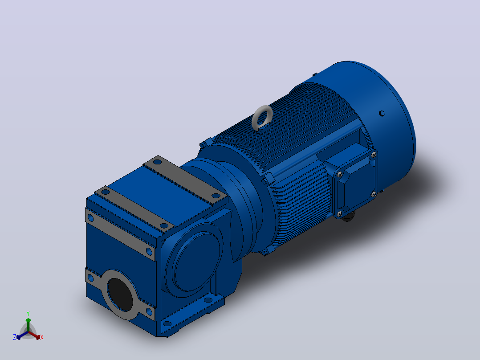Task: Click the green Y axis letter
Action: [28, 314]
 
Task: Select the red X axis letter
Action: [42, 337]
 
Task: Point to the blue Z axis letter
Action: [15, 337]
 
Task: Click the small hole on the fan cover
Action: [382, 113]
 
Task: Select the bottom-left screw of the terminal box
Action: [339, 213]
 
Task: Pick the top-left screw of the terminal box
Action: [339, 175]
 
